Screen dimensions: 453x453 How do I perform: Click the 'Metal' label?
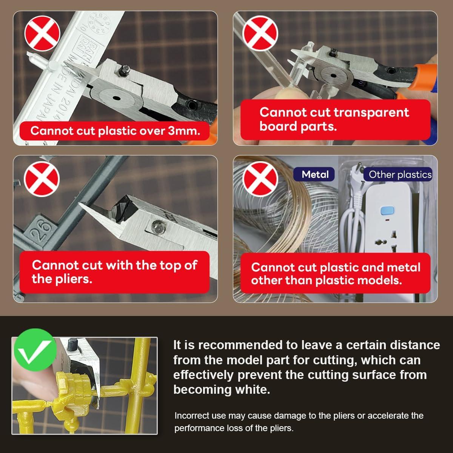(x=315, y=174)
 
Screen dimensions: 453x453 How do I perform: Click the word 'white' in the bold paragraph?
(x=253, y=390)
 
